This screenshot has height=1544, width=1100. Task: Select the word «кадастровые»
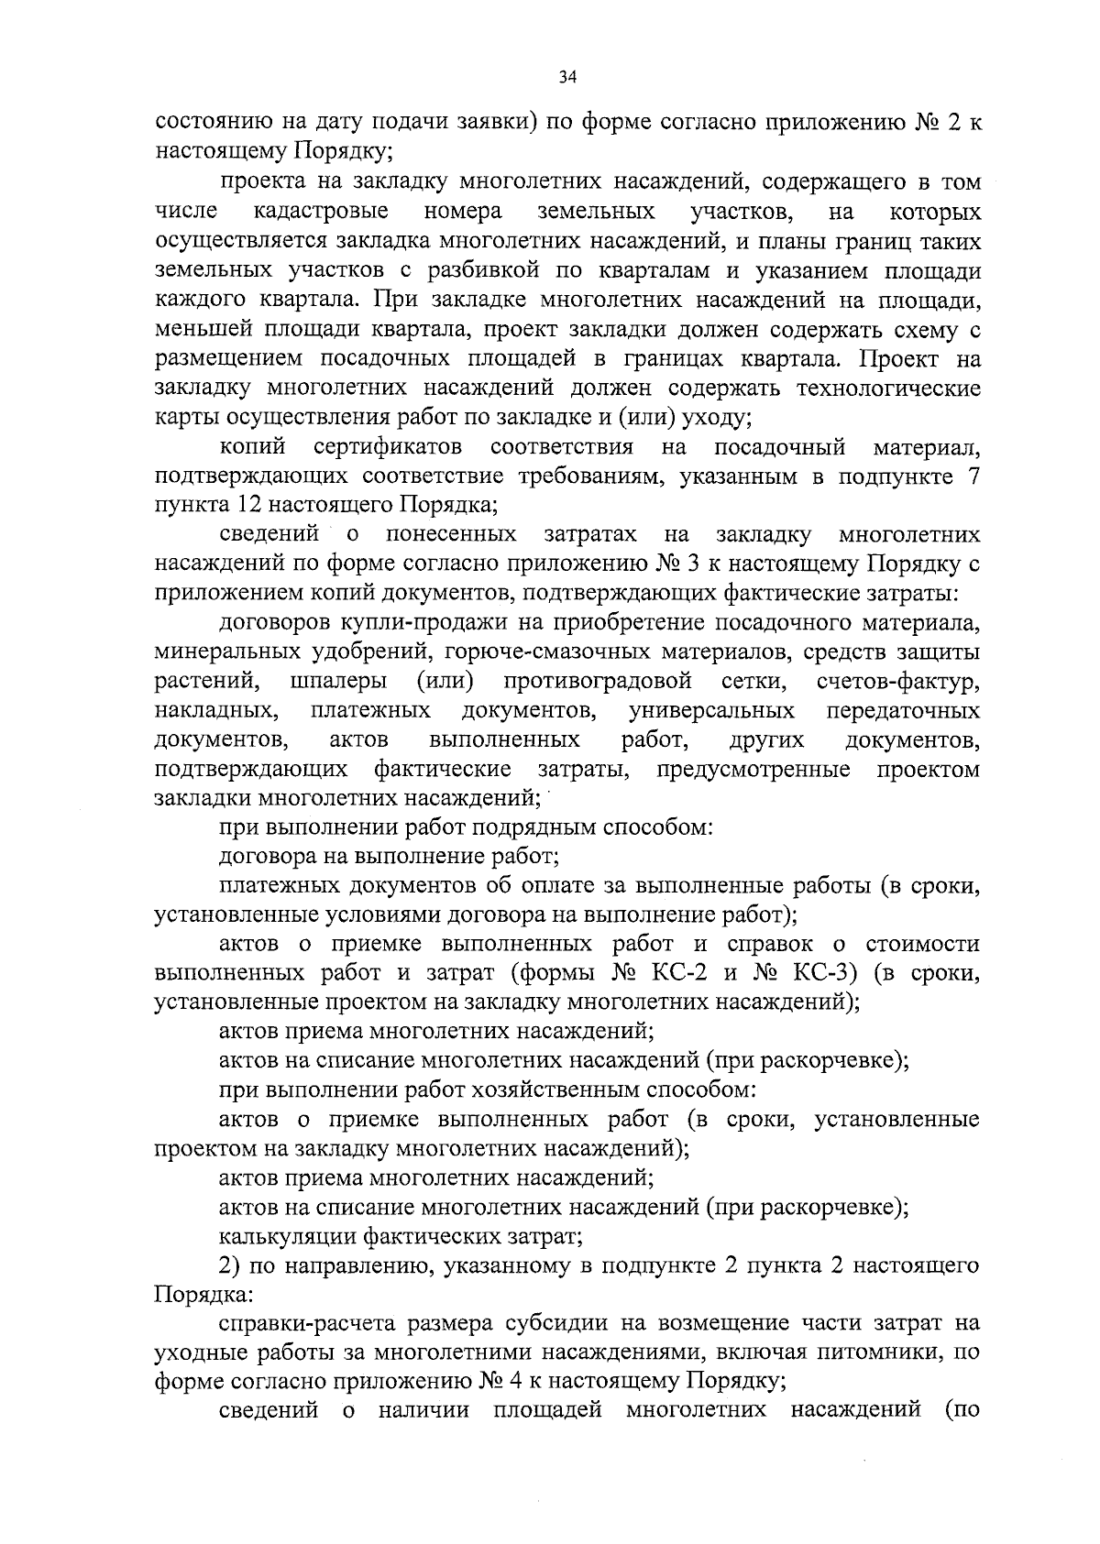[320, 212]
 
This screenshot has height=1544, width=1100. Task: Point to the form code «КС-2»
[687, 973]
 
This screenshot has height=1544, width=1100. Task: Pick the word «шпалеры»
[337, 683]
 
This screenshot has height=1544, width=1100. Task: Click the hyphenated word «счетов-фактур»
[897, 683]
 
